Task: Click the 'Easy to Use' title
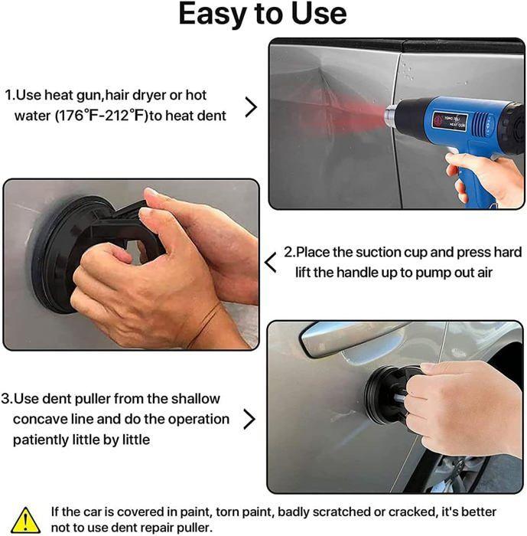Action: point(262,15)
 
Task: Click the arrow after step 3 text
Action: point(249,419)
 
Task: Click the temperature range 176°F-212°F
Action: point(109,116)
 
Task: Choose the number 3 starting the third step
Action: point(5,399)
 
